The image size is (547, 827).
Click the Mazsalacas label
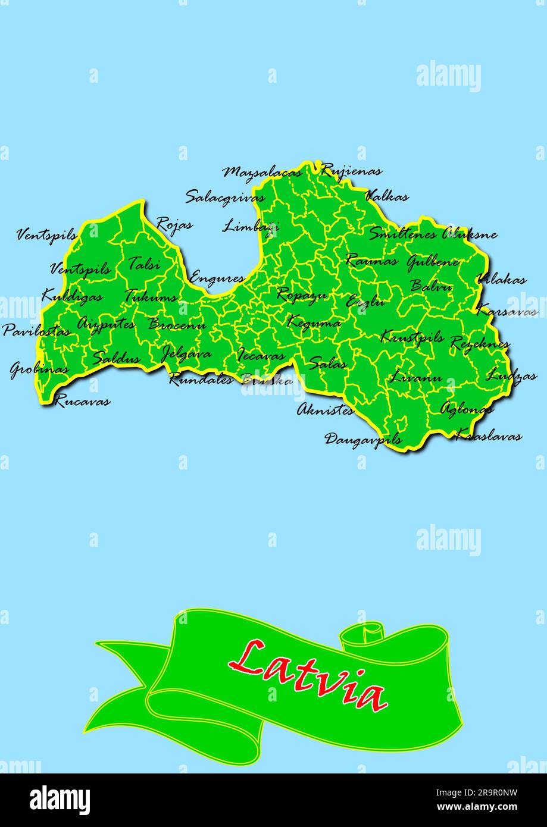point(262,173)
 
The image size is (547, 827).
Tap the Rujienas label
point(351,171)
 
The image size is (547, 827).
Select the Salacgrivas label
point(225,198)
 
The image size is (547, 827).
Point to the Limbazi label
point(251,226)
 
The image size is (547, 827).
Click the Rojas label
point(174,225)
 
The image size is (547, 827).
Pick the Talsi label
point(144,263)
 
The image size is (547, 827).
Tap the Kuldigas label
point(72,296)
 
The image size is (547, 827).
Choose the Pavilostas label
point(36,331)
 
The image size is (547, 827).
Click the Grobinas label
point(39,369)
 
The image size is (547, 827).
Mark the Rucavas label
point(82,401)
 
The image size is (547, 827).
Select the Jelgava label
point(186,355)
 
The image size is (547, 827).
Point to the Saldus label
point(117,359)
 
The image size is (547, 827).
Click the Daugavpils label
point(363,440)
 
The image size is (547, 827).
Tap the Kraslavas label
point(489,436)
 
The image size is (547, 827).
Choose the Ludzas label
point(512,376)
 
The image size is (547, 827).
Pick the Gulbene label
point(433,262)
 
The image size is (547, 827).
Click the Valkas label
point(387,196)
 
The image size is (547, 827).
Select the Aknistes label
point(326,409)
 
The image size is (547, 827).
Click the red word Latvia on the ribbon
point(308,675)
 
